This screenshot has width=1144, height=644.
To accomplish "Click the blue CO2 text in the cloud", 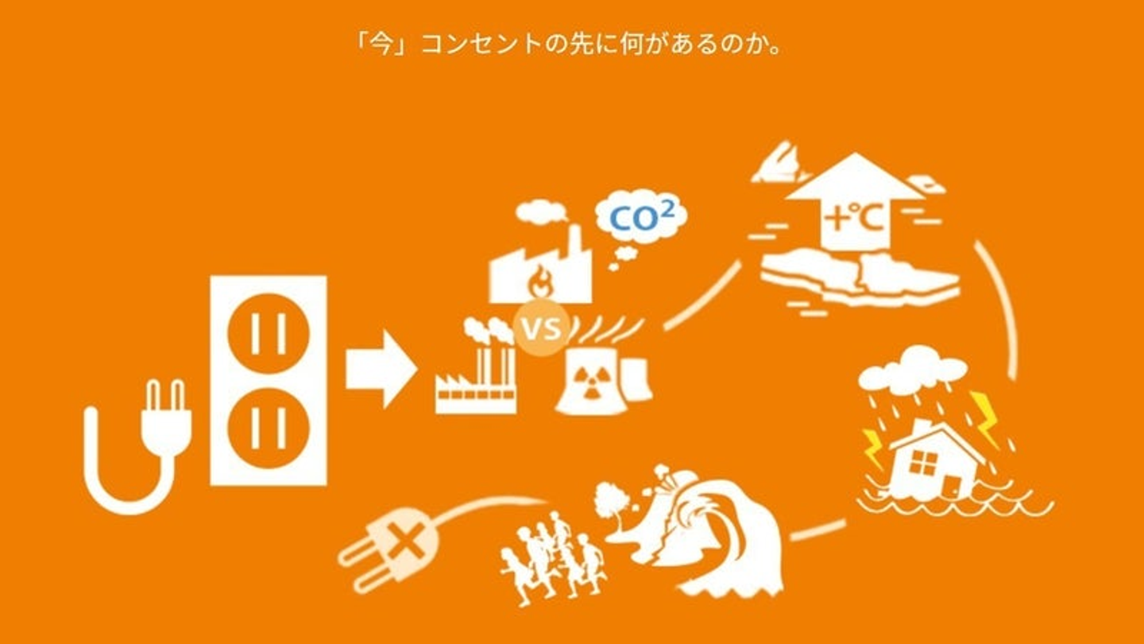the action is [x=642, y=217].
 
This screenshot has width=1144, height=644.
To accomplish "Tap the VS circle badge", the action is [x=541, y=328].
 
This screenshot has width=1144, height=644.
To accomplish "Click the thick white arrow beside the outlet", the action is [x=381, y=370].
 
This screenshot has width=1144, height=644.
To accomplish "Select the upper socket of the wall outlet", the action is [x=269, y=334].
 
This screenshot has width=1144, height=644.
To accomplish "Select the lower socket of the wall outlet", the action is [x=269, y=429].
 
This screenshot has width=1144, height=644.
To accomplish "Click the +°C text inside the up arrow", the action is [x=854, y=219].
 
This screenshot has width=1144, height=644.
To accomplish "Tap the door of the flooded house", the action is [x=951, y=487].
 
